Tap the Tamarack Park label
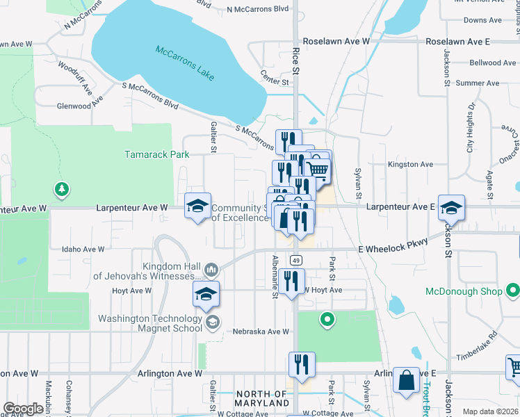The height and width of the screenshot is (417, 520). coord(157,154)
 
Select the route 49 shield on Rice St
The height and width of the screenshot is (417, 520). coord(296,260)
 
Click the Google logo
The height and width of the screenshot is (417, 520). coord(23,409)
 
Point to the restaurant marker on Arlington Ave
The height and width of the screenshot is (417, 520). coord(302,365)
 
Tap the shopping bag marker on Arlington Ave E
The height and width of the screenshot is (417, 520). coord(406,380)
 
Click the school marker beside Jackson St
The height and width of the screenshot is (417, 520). coord(451,208)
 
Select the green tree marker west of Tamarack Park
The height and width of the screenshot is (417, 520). coord(62,189)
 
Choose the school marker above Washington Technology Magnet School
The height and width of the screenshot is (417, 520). coord(206,294)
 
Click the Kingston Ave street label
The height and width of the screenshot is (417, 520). coord(410,165)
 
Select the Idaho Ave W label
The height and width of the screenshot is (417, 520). coord(83,249)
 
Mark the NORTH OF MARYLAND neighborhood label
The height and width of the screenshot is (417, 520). coord(261,399)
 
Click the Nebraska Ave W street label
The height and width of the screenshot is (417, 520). coord(261,332)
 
